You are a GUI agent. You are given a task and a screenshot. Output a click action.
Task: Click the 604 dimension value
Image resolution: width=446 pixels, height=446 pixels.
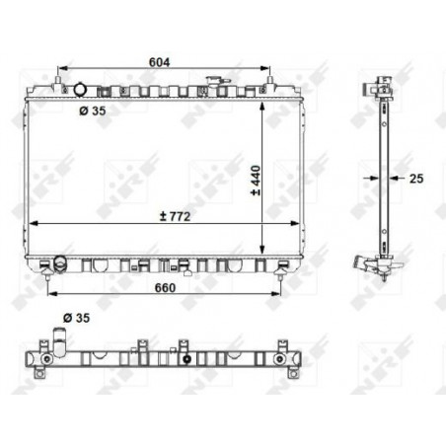159,62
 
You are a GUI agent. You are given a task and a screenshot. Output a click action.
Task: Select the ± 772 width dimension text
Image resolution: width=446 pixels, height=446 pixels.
175,216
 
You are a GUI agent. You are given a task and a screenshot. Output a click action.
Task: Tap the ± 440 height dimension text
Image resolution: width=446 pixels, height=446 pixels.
256,181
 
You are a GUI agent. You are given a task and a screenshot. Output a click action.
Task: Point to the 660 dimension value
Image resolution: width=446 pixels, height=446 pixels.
165,288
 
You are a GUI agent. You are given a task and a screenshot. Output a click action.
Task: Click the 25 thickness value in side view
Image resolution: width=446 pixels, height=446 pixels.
416,179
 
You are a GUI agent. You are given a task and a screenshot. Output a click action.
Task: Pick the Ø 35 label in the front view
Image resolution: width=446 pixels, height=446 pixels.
93,111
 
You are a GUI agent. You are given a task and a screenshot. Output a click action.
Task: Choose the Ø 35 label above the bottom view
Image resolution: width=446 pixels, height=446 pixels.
76,318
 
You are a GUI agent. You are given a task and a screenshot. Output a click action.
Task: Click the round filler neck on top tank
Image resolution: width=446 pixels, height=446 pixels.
79,89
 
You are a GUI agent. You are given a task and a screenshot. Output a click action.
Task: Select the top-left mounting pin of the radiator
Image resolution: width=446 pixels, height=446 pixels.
58,80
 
